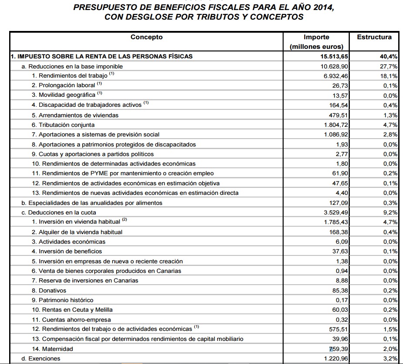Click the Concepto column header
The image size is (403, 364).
[146, 37]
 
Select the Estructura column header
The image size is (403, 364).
[374, 37]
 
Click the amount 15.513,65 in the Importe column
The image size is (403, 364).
[333, 56]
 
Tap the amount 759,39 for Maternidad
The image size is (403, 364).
[338, 349]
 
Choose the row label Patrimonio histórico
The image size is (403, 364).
[63, 300]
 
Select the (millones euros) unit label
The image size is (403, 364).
[316, 47]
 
